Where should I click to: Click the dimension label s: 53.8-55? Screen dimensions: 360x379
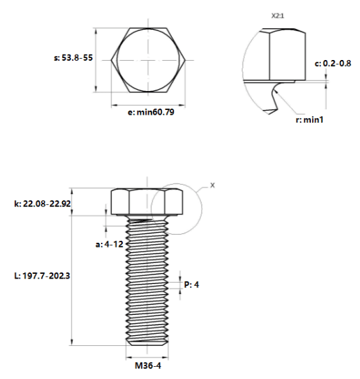tap(73, 58)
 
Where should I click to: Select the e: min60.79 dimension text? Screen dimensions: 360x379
tap(151, 112)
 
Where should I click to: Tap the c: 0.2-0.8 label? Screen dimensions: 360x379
tap(333, 63)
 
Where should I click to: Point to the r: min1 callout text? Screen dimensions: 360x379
tap(309, 119)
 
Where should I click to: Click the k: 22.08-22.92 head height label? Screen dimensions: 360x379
tap(42, 204)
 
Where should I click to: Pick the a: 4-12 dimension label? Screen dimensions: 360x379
tap(109, 244)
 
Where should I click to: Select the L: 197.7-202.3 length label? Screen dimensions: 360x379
tap(42, 276)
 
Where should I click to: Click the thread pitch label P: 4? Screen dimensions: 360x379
tap(191, 285)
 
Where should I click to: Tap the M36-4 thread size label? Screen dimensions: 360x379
tap(148, 366)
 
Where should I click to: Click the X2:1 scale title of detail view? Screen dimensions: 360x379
tap(278, 16)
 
